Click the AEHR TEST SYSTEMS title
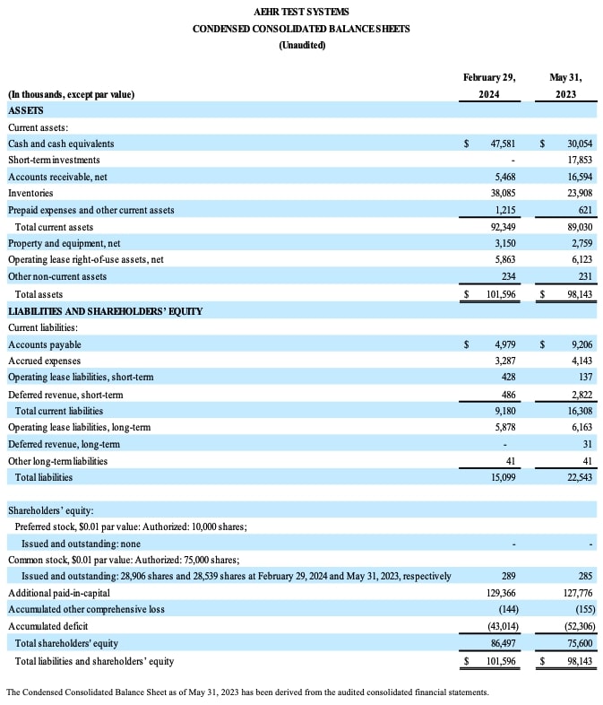(x=301, y=12)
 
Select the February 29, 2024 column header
(x=489, y=85)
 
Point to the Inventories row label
(x=30, y=193)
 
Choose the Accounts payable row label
(x=45, y=344)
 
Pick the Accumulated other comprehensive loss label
(x=86, y=610)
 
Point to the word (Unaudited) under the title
(x=301, y=45)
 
